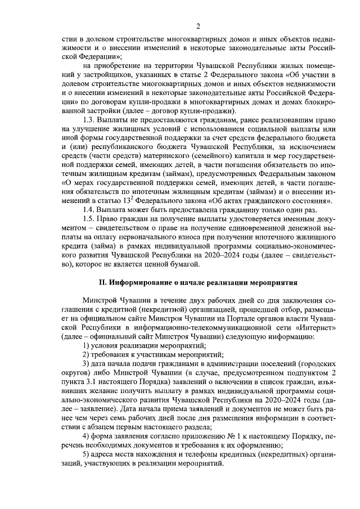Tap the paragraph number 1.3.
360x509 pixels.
point(88,120)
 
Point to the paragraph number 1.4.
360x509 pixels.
point(88,209)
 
